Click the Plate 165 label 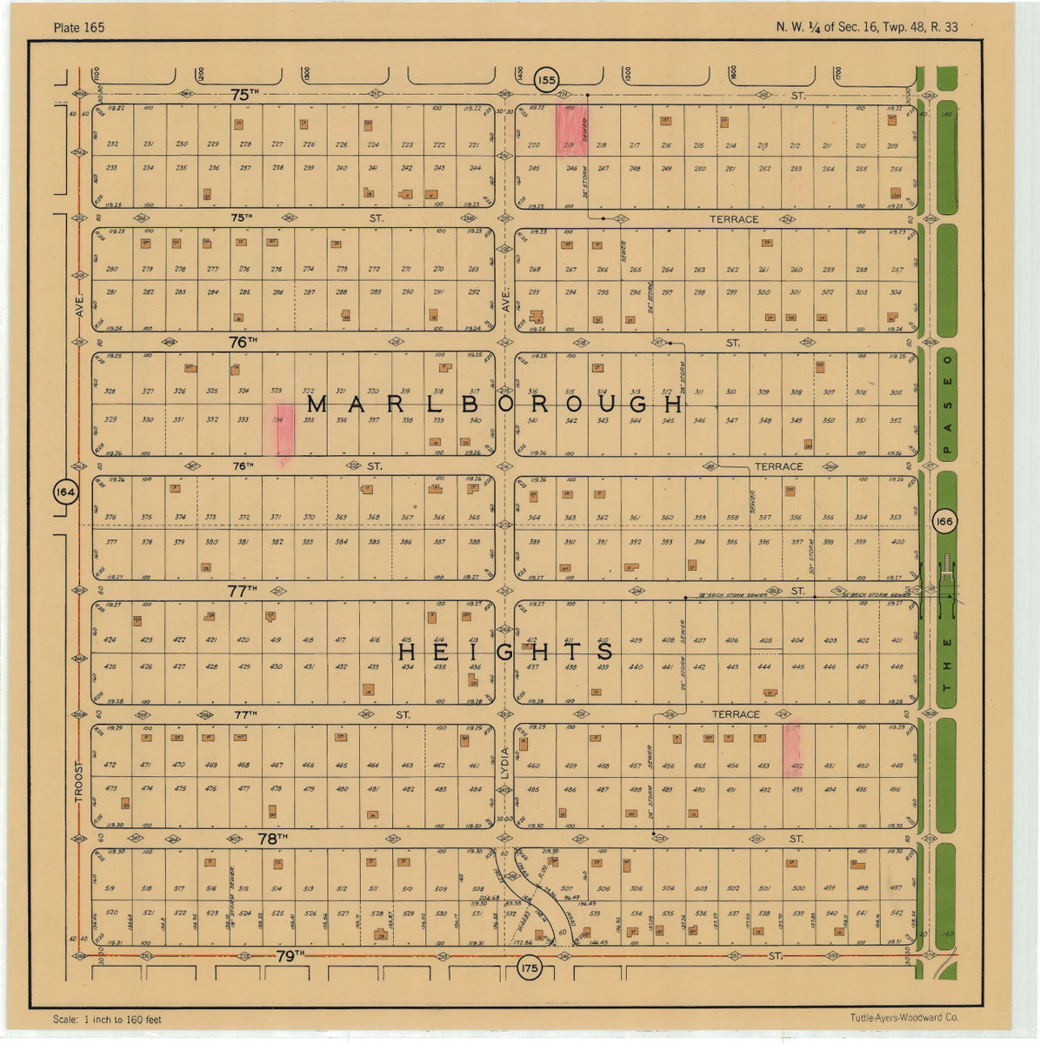pyautogui.click(x=78, y=28)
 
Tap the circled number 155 pyautogui.click(x=545, y=81)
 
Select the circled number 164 pyautogui.click(x=66, y=492)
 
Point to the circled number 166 pyautogui.click(x=943, y=521)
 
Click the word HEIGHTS pyautogui.click(x=506, y=652)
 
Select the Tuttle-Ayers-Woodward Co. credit pyautogui.click(x=904, y=1017)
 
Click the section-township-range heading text pyautogui.click(x=867, y=27)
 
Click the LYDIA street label pyautogui.click(x=504, y=766)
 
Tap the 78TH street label pyautogui.click(x=272, y=839)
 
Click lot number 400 pyautogui.click(x=897, y=542)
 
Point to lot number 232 pyautogui.click(x=112, y=144)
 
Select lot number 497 pyautogui.click(x=895, y=888)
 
